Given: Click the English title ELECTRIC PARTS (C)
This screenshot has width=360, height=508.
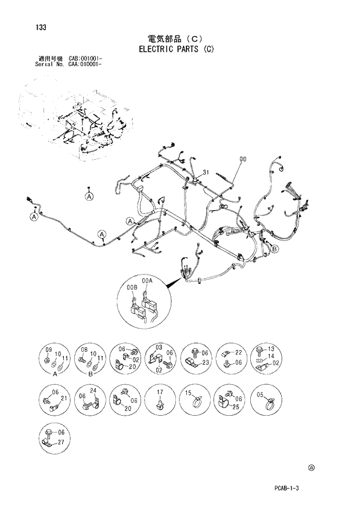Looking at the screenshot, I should [176, 49].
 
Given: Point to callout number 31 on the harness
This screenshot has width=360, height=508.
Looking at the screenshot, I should [206, 172].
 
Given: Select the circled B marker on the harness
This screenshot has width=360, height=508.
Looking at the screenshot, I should [275, 248].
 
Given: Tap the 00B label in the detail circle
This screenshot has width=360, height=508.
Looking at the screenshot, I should [132, 287].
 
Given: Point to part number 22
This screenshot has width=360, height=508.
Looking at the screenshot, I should [238, 352].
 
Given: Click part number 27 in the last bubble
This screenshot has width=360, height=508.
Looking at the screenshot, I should [61, 441].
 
